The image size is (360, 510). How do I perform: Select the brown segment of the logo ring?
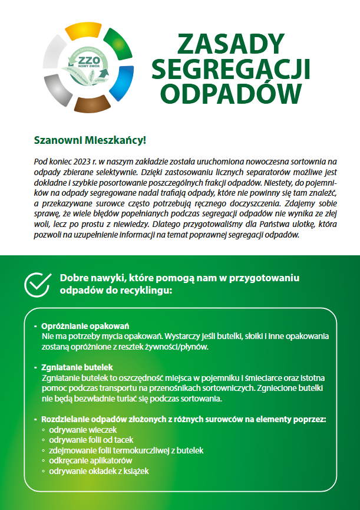click(88, 106)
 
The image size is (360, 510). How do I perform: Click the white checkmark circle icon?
click(37, 284)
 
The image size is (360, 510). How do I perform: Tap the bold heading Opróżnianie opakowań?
click(85, 326)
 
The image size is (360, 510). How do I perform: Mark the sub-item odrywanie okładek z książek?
click(99, 471)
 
